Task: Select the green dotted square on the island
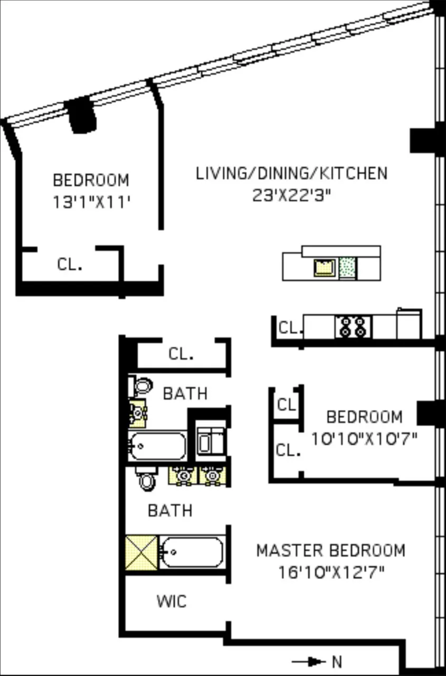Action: tap(347, 268)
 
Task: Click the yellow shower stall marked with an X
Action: tap(141, 552)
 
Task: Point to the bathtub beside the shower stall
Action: tap(191, 552)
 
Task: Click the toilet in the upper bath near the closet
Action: tap(141, 386)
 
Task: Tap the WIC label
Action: tap(171, 600)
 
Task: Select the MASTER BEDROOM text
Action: tap(330, 550)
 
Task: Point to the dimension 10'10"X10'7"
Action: tap(364, 438)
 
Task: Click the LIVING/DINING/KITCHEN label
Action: tap(291, 173)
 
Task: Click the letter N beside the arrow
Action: tap(336, 661)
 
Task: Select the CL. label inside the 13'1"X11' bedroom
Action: tap(70, 264)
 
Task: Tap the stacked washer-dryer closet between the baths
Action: tap(211, 440)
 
